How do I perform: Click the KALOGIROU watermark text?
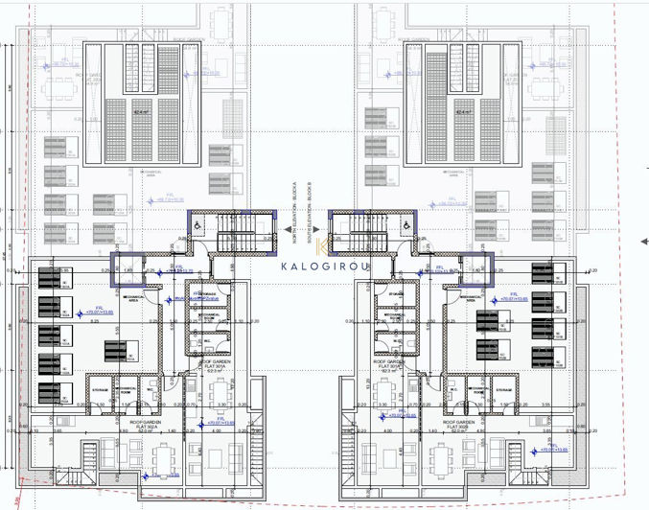325,267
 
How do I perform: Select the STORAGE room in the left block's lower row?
100,388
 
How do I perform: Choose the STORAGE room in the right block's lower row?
505,388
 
